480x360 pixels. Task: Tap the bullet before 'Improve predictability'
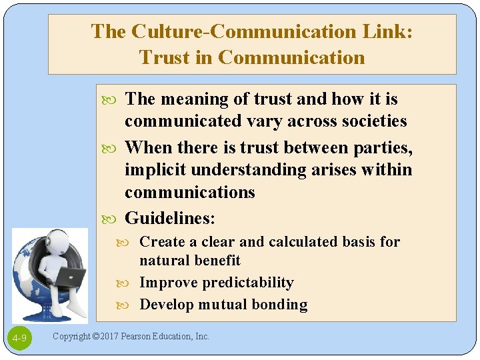(131, 283)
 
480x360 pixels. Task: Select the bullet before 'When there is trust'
(115, 147)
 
